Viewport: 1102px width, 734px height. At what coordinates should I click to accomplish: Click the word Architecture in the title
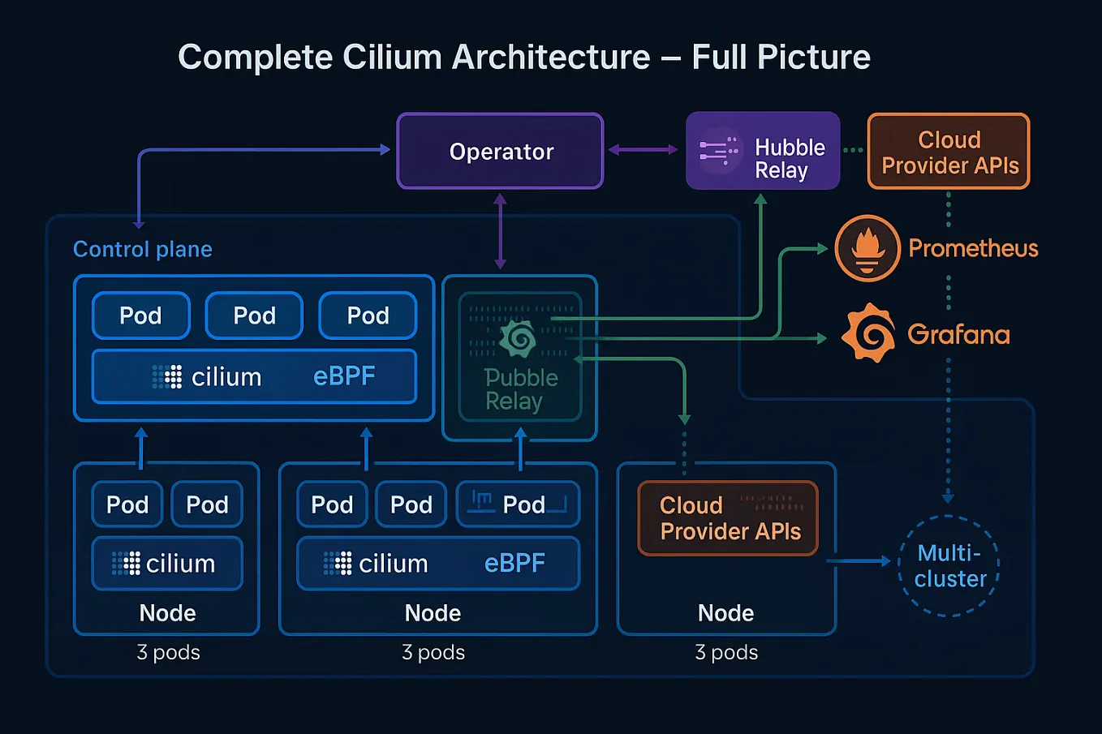coord(550,58)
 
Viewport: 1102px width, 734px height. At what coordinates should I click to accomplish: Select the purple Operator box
coord(500,152)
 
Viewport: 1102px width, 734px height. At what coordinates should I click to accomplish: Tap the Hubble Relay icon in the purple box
coord(718,151)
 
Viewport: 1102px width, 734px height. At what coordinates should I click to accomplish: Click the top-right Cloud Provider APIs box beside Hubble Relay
coord(949,152)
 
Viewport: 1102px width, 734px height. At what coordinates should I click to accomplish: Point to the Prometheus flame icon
coord(867,248)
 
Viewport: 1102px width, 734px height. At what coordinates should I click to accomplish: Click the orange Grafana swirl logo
coord(867,333)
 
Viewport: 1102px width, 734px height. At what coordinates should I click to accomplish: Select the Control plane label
coord(143,249)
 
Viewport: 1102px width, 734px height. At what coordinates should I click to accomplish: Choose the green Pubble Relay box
coord(520,358)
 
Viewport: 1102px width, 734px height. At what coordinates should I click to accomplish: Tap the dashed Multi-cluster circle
coord(949,565)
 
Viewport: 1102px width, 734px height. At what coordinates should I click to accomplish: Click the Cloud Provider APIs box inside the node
coord(728,518)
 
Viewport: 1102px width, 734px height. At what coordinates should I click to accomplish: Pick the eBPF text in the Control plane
coord(344,376)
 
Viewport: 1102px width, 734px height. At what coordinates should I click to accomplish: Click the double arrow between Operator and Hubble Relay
coord(643,150)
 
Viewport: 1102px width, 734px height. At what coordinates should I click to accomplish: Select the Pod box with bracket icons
coord(518,504)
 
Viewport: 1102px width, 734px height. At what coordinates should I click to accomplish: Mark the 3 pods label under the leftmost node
coord(168,652)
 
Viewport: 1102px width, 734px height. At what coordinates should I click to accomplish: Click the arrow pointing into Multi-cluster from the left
coord(860,560)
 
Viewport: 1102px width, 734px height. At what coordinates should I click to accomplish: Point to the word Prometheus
coord(973,248)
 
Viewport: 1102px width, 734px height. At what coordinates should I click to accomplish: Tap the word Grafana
coord(958,333)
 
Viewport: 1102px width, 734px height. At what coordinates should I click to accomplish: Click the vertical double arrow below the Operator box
coord(500,231)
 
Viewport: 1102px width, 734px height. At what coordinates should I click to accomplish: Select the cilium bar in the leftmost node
coord(167,563)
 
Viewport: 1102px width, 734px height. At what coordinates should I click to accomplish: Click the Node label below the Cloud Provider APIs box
coord(725,613)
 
